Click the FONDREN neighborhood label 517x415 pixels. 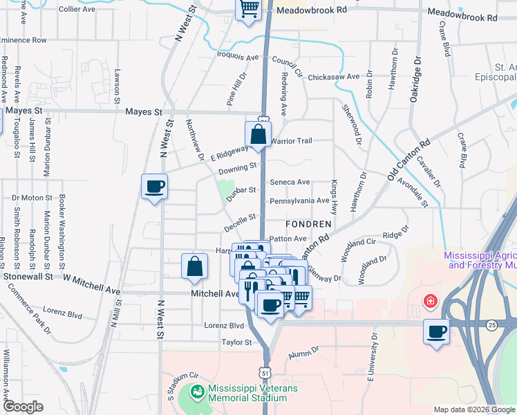(x=309, y=225)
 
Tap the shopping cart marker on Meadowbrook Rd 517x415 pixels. (x=249, y=10)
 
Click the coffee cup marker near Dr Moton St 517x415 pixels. (x=154, y=186)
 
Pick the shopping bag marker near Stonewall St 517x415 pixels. (x=194, y=266)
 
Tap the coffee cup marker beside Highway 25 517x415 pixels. (x=436, y=332)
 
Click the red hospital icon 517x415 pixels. (x=431, y=301)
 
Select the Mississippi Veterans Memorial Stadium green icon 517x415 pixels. (x=198, y=392)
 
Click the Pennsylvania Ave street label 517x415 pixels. (x=299, y=201)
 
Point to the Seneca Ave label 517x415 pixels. (x=290, y=182)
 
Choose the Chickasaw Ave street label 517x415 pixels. (x=335, y=76)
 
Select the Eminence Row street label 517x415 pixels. (x=23, y=40)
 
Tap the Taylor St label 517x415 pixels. (x=234, y=342)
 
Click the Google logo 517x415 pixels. (x=23, y=407)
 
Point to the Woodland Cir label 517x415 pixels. (x=361, y=242)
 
